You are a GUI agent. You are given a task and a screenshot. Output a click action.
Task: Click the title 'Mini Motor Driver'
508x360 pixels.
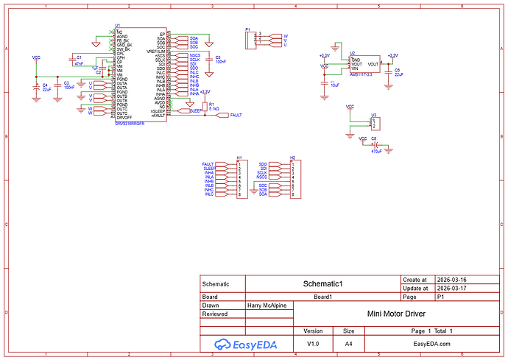tap(394, 313)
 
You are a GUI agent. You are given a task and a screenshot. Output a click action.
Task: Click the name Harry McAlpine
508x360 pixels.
tap(267, 305)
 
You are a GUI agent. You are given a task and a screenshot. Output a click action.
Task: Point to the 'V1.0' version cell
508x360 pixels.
tap(313, 343)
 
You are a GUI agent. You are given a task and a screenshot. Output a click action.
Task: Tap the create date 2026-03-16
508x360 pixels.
tap(452, 280)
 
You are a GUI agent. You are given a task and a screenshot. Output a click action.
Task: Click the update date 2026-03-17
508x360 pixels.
tap(452, 289)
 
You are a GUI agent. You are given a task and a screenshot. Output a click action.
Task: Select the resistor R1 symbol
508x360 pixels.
tap(205, 107)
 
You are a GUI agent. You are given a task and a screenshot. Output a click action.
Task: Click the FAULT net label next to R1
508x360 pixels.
tap(235, 115)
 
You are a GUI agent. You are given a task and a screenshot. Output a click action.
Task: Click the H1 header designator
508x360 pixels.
tap(239, 158)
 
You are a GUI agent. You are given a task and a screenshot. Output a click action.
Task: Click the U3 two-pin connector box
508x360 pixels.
tap(374, 122)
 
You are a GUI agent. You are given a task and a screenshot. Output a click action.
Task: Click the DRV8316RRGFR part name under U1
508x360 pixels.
tap(130, 124)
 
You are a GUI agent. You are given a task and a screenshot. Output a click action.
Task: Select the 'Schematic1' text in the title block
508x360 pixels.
tap(323, 283)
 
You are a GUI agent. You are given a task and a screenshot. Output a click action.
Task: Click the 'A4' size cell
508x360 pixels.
tap(349, 343)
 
